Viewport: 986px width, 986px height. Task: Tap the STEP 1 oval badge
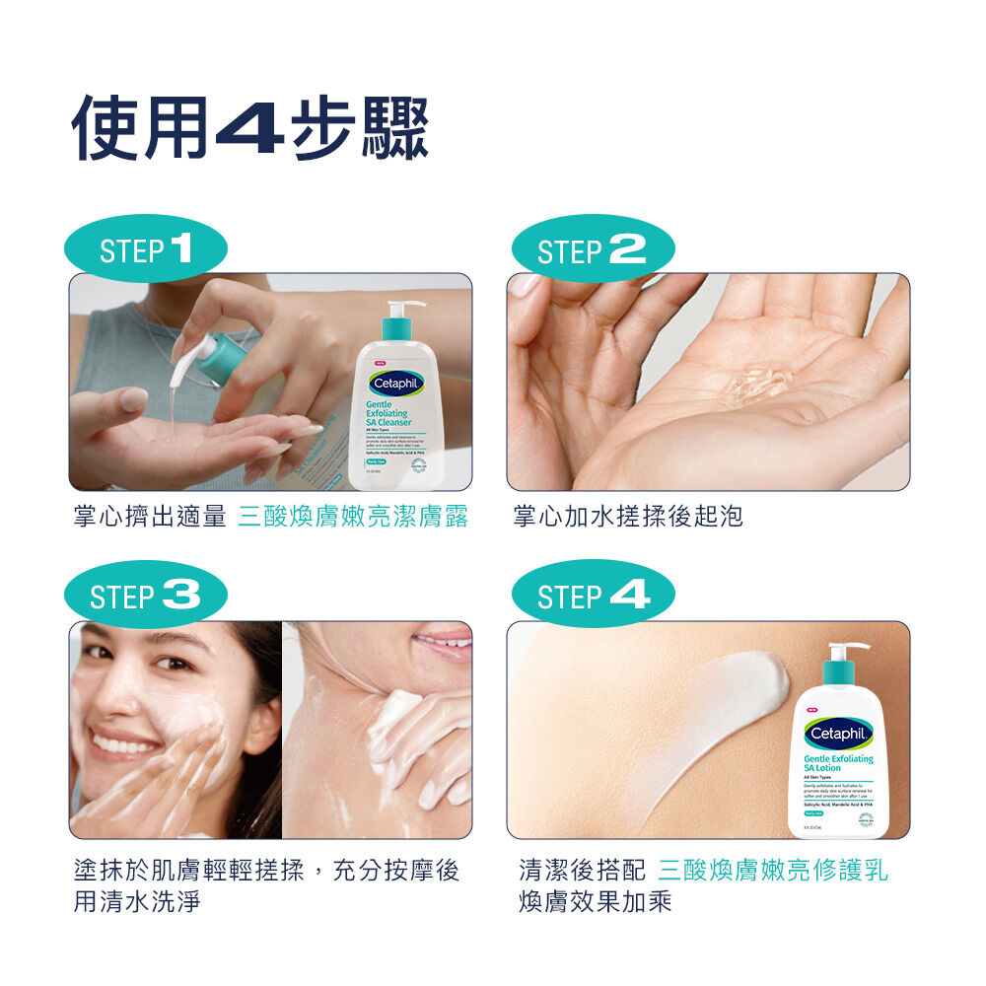146,249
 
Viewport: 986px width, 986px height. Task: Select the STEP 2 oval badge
593,249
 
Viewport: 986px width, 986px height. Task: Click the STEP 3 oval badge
146,596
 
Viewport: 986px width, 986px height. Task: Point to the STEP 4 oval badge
593,596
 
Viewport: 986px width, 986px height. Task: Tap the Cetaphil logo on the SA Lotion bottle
839,734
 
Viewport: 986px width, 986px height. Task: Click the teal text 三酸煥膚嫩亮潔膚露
353,516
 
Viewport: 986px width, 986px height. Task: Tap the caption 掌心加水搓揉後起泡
628,516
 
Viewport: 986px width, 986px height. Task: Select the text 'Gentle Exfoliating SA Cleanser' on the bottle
388,413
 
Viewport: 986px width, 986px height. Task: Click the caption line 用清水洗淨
137,901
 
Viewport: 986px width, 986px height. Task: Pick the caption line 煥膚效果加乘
596,901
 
